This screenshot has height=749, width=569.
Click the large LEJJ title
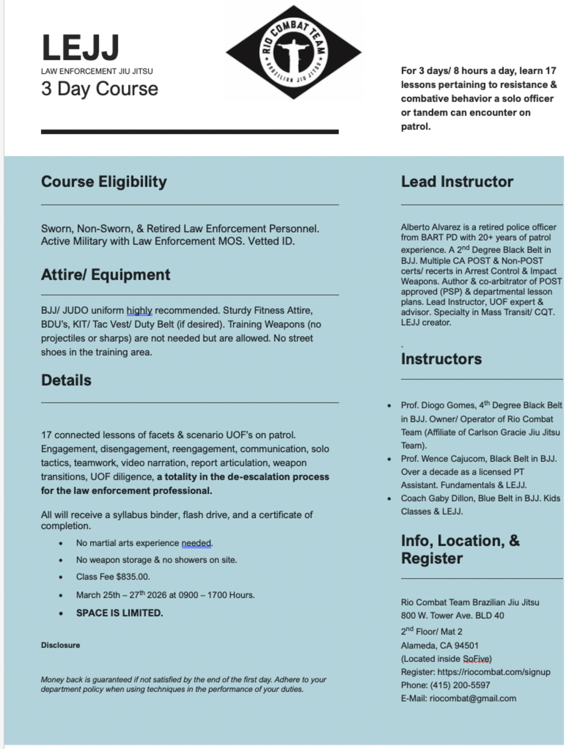tap(80, 48)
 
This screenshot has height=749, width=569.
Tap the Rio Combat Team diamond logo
tap(293, 52)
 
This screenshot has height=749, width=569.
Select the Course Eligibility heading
tap(104, 182)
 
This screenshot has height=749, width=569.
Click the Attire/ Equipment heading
tap(106, 275)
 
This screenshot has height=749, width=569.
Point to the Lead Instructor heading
tap(457, 182)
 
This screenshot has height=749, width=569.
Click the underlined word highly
tap(139, 311)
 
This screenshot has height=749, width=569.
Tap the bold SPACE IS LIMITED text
tap(119, 613)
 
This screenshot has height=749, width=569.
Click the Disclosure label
tap(60, 645)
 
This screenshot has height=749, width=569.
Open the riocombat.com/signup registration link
tap(494, 672)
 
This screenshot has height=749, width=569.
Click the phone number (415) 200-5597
tap(460, 685)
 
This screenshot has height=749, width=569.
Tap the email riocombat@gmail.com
tap(473, 699)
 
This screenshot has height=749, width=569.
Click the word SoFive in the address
tap(477, 659)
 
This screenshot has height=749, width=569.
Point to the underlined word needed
tap(196, 543)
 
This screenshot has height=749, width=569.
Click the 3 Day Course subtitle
tap(100, 89)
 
